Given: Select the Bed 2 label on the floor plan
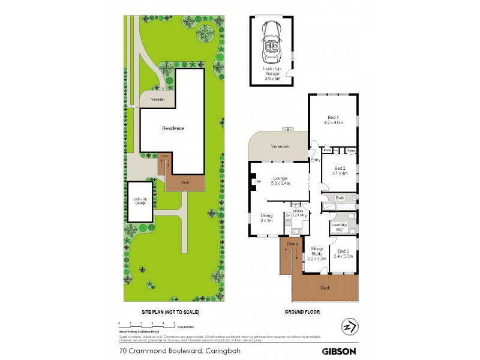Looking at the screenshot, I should click(x=341, y=170).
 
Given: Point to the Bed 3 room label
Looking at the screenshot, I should click(x=343, y=253).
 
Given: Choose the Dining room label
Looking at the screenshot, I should click(x=266, y=218).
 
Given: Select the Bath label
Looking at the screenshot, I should click(x=340, y=197).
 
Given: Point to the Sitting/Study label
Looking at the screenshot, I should click(x=316, y=253).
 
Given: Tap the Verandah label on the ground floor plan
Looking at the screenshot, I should click(x=280, y=147).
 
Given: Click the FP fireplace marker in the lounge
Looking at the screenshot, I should click(x=259, y=181).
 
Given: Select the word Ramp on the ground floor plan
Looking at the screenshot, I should click(x=292, y=244).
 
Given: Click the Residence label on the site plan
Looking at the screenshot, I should click(x=173, y=128).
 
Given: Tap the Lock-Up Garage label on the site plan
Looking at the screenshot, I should click(x=140, y=201).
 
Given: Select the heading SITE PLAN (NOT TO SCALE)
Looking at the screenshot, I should click(x=170, y=313).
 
